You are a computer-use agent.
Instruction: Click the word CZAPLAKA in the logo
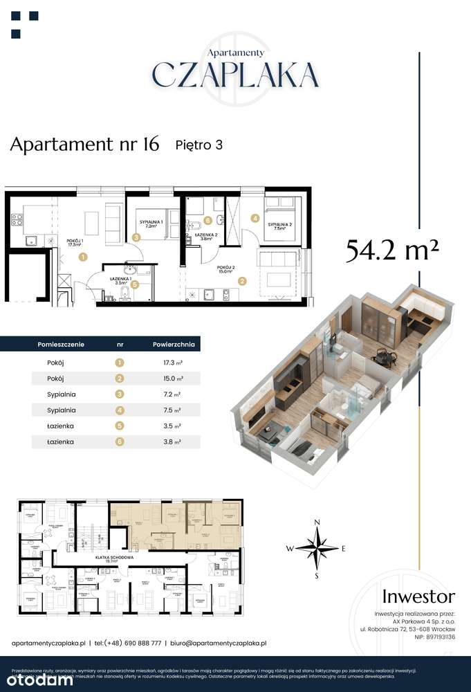(235, 74)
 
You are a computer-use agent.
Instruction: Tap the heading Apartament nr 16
(85, 144)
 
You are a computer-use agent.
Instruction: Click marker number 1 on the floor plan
(83, 257)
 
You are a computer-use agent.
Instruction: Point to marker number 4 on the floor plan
(255, 218)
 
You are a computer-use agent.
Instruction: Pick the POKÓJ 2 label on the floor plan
(227, 267)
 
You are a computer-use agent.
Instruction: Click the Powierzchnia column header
(174, 343)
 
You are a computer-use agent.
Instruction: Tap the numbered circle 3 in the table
(120, 394)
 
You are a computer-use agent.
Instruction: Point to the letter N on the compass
(317, 522)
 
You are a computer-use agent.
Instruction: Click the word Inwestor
(419, 596)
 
